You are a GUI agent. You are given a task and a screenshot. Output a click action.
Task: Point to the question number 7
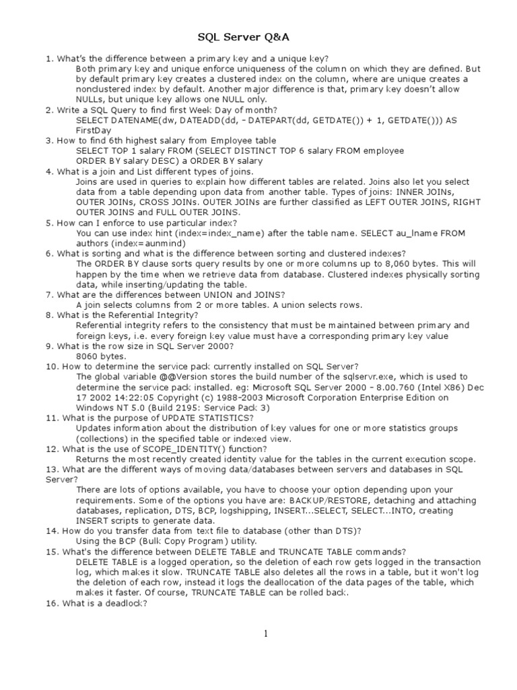pyautogui.click(x=48, y=294)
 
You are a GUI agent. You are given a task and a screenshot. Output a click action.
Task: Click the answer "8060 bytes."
pyautogui.click(x=101, y=356)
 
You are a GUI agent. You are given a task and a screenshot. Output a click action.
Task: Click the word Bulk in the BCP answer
pyautogui.click(x=156, y=541)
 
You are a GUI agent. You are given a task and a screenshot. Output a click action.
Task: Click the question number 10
pyautogui.click(x=51, y=367)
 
